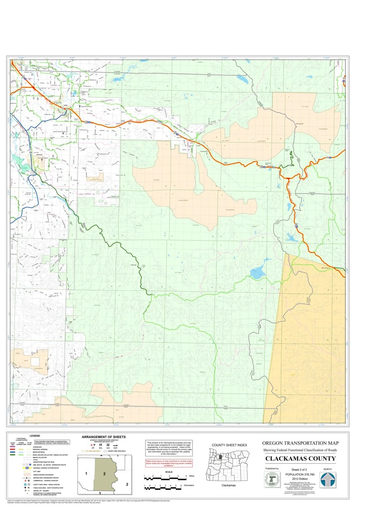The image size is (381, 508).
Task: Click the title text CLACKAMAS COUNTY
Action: pos(300,458)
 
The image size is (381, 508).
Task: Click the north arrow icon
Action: pos(328,480)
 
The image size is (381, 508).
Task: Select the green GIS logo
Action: pos(272,480)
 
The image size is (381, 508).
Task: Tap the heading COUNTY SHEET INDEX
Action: pos(229,445)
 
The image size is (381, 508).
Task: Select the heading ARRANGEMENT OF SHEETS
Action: pos(104,437)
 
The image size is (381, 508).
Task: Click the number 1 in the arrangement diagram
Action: pos(86,472)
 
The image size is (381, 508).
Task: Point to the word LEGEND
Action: pos(35,436)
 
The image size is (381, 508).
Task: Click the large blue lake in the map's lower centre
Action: pos(258,273)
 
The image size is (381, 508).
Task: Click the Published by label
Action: pos(272,469)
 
